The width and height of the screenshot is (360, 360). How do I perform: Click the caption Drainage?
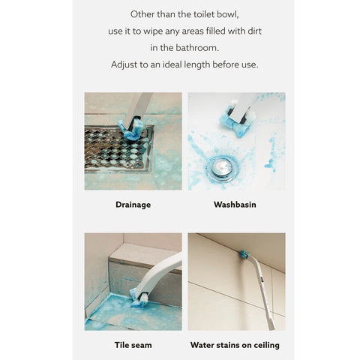click(x=133, y=205)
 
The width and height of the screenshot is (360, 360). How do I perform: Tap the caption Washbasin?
click(x=235, y=205)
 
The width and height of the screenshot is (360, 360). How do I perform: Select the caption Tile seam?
click(x=133, y=345)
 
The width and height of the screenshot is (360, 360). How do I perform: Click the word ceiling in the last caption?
click(x=266, y=345)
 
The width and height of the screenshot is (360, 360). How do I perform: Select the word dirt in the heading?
click(x=254, y=31)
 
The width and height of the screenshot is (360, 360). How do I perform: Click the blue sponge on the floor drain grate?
click(x=132, y=130)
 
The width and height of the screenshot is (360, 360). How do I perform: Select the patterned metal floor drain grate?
click(x=118, y=149)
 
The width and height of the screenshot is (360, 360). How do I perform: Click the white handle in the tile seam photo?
click(x=158, y=272)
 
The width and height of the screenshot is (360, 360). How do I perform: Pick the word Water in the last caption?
click(x=202, y=345)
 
